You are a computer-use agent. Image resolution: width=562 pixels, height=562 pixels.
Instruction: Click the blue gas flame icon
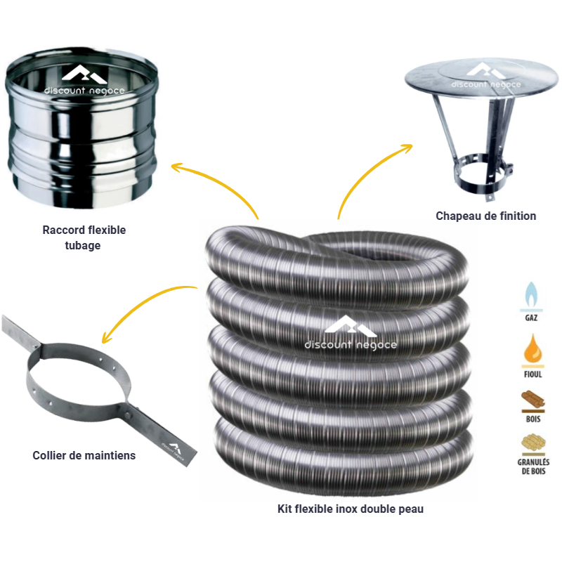click(x=531, y=295)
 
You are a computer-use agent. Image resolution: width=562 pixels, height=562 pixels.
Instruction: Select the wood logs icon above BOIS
click(x=533, y=399)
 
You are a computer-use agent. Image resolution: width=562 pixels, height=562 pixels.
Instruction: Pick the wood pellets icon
click(x=533, y=443)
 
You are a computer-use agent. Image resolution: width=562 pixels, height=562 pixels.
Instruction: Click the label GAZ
click(x=531, y=318)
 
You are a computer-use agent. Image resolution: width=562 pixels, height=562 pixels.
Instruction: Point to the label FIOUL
click(x=533, y=374)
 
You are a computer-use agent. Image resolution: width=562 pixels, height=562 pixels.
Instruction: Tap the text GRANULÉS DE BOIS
click(x=533, y=466)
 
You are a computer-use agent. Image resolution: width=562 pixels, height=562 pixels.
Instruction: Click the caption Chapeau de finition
click(x=485, y=216)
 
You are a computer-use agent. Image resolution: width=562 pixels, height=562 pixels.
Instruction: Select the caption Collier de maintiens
click(x=84, y=455)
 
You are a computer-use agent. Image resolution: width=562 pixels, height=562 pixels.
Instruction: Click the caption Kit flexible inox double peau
click(x=350, y=509)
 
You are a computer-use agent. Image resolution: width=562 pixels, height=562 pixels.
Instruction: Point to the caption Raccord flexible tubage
click(x=84, y=237)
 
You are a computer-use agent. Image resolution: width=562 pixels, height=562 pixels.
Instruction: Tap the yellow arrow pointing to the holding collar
click(x=140, y=304)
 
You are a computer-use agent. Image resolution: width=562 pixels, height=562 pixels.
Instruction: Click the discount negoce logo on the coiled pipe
click(x=351, y=332)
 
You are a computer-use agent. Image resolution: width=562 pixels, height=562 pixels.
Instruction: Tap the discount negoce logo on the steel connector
click(x=84, y=79)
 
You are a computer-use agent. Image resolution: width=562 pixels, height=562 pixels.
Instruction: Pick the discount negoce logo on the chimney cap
click(x=485, y=76)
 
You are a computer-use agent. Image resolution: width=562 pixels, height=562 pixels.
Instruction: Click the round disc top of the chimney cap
click(x=481, y=79)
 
